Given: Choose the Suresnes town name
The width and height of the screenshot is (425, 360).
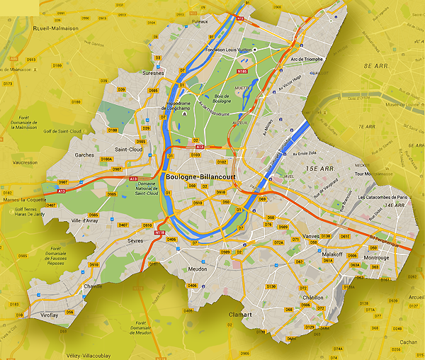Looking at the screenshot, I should pyautogui.click(x=152, y=72).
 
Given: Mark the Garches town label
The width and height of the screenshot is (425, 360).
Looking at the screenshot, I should pyautogui.click(x=85, y=154).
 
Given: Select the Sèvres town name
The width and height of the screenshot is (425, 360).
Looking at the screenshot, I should pyautogui.click(x=135, y=241).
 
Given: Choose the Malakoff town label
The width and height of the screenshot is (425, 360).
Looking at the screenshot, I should pyautogui.click(x=331, y=253).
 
